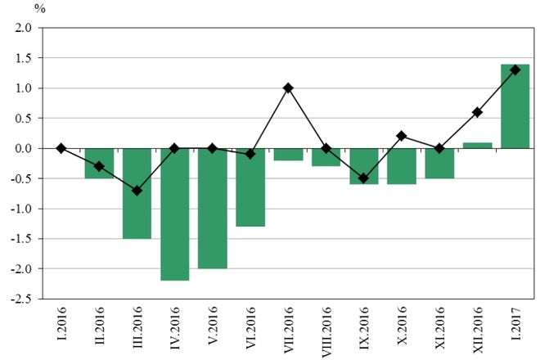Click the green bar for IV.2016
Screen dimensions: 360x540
click(174, 214)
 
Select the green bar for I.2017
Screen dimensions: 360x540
click(515, 106)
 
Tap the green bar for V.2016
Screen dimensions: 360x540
click(212, 209)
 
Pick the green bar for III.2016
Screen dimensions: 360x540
click(137, 194)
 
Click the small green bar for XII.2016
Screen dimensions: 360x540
click(477, 146)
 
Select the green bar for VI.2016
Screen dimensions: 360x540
click(250, 187)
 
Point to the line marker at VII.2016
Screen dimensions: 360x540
click(288, 88)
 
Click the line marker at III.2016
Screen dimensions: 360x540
click(137, 191)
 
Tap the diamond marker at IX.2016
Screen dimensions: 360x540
click(363, 178)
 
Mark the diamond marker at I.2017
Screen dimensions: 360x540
click(515, 70)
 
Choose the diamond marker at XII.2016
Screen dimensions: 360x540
click(477, 112)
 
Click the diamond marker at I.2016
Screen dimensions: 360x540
click(61, 148)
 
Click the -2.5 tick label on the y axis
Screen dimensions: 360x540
click(20, 299)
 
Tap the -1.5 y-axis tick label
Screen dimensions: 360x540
click(20, 239)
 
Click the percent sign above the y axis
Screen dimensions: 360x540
click(39, 9)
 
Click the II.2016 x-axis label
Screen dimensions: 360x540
click(100, 331)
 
